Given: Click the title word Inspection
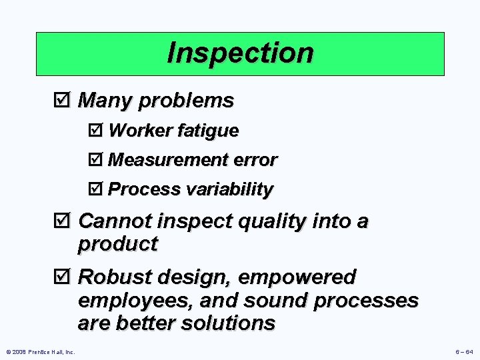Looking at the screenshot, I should coord(240,53).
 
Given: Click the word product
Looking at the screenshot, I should coord(118,244).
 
